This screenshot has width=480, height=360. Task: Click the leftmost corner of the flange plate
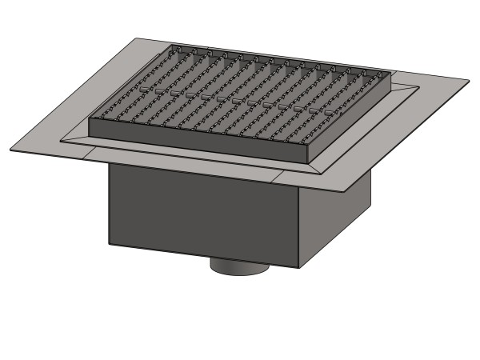[10, 150]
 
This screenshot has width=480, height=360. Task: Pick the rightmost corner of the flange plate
[469, 79]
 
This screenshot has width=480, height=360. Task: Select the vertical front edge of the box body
[300, 228]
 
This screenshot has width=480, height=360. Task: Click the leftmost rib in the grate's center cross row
[144, 90]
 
